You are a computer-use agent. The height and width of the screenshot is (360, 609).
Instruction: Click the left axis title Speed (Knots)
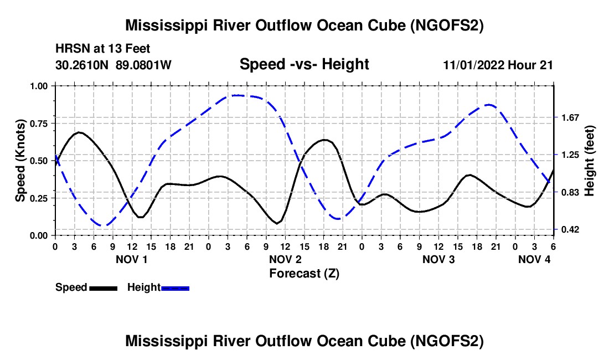tap(20, 161)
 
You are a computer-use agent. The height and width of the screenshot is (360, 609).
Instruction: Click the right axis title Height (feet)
tap(589, 161)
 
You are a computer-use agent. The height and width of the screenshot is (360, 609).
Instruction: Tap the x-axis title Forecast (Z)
tap(304, 274)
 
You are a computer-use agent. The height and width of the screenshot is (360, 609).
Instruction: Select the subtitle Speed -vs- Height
tap(304, 64)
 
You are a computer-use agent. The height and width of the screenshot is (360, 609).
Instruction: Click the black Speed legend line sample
tap(103, 287)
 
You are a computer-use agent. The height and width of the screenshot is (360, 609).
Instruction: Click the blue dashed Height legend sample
tap(175, 287)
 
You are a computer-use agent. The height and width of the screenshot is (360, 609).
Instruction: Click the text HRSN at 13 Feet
tap(102, 49)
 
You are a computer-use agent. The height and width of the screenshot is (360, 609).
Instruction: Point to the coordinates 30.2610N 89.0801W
tap(113, 65)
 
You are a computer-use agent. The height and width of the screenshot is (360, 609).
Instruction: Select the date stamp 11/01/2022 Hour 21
tap(498, 65)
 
